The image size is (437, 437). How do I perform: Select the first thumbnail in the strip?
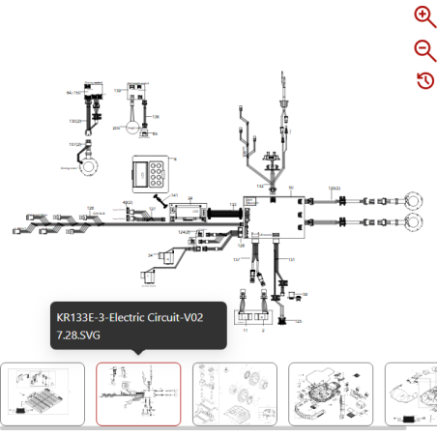pos(41,393)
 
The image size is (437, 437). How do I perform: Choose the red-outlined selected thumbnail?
pos(138,393)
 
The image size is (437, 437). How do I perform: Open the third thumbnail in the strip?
pos(235,393)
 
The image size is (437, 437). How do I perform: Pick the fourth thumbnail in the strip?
pos(331,393)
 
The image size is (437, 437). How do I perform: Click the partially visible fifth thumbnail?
pos(410,393)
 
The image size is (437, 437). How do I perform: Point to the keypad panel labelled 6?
pos(151,174)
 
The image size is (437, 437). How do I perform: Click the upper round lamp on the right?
pos(414,201)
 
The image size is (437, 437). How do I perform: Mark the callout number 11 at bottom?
pos(246,331)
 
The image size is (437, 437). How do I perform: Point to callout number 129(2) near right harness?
pos(335,188)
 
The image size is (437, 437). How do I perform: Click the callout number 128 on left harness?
pos(90,208)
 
